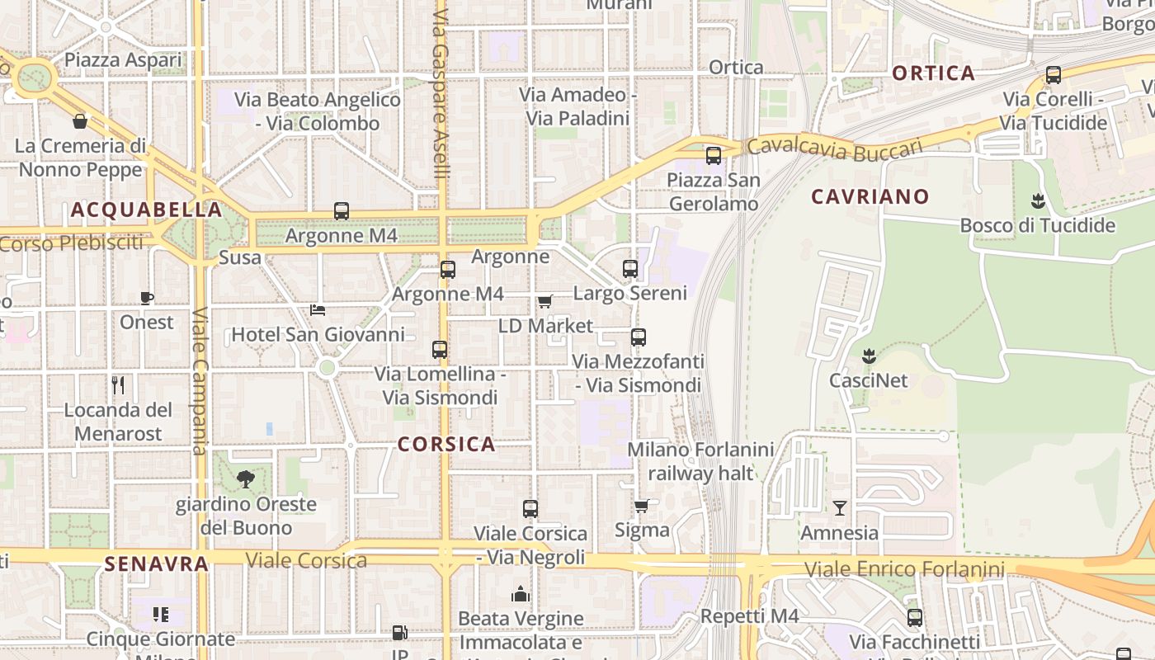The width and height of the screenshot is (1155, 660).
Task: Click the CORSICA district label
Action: point(446,445)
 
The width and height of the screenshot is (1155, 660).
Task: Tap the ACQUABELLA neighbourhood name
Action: point(147,210)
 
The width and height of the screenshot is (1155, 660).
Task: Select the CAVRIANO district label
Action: point(870,197)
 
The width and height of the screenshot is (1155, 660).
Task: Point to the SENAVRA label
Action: point(156,564)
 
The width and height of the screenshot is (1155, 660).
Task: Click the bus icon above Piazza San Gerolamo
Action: point(714,155)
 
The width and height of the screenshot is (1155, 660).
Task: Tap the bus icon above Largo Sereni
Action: point(630,269)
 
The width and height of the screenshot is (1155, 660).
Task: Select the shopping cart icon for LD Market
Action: point(544,302)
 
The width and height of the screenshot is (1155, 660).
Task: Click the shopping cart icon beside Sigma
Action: point(641,506)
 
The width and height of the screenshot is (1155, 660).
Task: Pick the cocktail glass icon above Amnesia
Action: point(840,508)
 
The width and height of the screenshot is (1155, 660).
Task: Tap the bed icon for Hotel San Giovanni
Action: point(318,310)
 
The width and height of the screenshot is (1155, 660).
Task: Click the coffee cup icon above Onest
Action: point(147,298)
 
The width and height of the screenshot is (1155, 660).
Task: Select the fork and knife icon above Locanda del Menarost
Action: point(118,385)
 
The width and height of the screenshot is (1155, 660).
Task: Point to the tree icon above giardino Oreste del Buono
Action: point(245,479)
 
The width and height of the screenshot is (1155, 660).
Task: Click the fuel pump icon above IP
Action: point(399,633)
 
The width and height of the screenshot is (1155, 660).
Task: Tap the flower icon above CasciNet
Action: point(868,356)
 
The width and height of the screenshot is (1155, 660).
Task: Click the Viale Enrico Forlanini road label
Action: point(904,569)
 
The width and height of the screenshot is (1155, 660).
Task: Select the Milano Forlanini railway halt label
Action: point(700,461)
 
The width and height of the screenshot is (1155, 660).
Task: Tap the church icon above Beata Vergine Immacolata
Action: point(521,594)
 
